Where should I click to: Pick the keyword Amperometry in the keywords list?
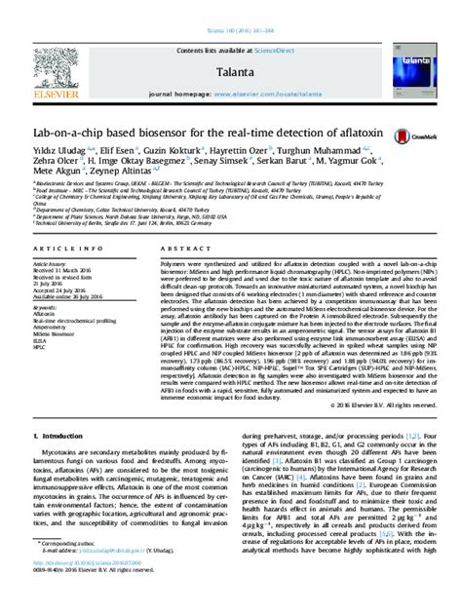pos(51,329)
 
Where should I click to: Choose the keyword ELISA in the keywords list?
pos(41,342)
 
